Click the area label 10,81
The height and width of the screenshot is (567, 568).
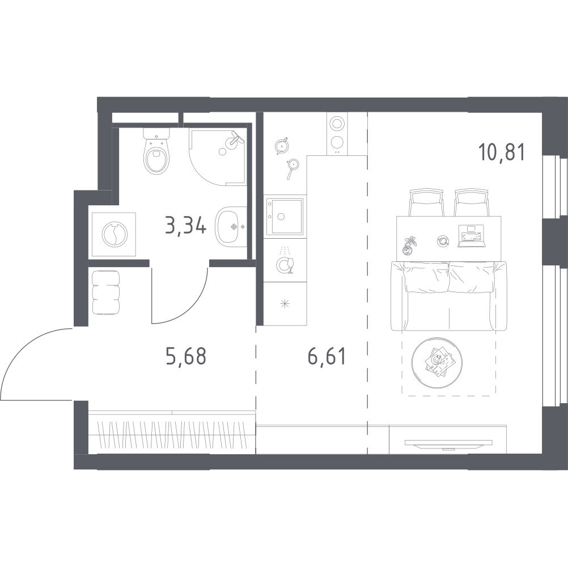pyautogui.click(x=501, y=152)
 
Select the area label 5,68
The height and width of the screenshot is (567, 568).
pyautogui.click(x=186, y=356)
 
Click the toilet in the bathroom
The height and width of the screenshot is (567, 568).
pyautogui.click(x=157, y=152)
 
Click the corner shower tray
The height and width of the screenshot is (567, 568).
pyautogui.click(x=218, y=158)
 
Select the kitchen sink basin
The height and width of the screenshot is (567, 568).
pyautogui.click(x=285, y=216)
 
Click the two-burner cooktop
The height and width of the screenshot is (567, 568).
pyautogui.click(x=337, y=133)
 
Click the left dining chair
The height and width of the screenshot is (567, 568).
pyautogui.click(x=426, y=202)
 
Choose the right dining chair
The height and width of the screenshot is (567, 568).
pyautogui.click(x=472, y=202)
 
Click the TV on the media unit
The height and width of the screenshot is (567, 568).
pyautogui.click(x=449, y=444)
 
